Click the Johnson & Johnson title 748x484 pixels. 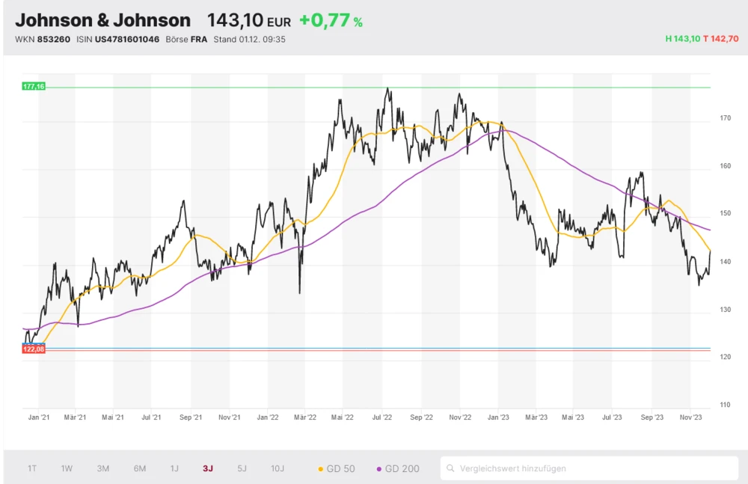102,20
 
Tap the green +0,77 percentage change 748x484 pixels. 325,20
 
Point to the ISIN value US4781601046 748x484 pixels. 128,39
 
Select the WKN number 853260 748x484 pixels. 53,39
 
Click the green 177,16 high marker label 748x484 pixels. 34,87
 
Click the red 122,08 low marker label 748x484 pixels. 34,349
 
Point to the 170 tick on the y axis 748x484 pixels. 704,118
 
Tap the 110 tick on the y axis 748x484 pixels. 704,405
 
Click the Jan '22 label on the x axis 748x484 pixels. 267,417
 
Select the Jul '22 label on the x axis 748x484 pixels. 382,417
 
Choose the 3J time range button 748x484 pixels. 208,468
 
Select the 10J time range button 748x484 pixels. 278,468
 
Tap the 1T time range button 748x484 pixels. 32,468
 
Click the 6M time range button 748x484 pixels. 140,468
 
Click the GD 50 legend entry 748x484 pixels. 337,469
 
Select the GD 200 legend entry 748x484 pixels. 398,469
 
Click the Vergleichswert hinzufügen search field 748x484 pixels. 589,468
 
